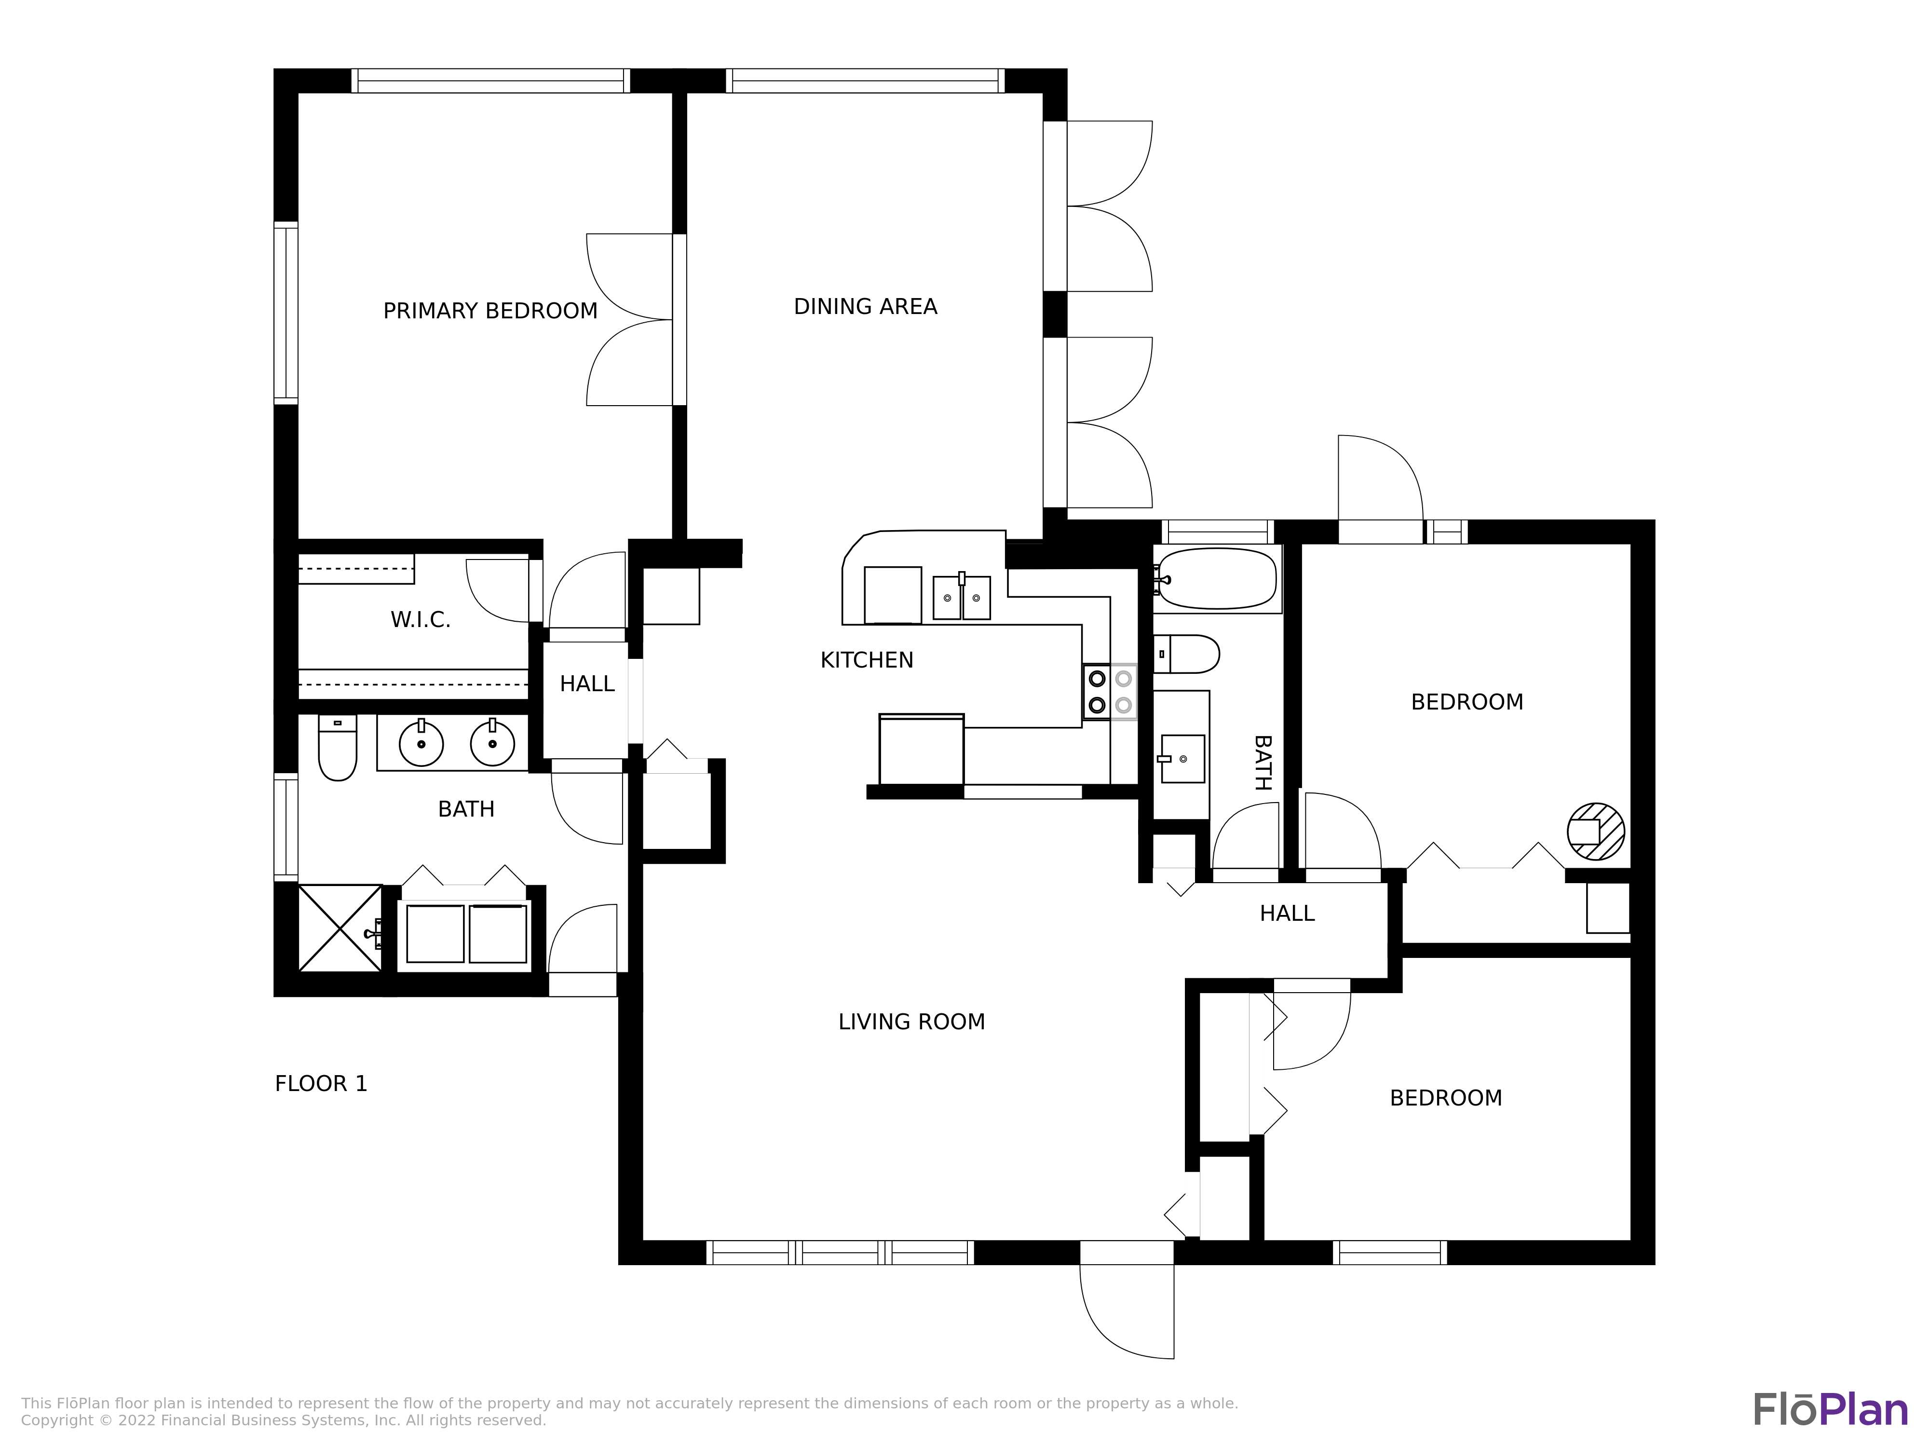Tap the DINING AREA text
tap(865, 306)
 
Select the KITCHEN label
tap(867, 660)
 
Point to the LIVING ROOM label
tap(911, 1022)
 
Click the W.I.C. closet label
tap(421, 620)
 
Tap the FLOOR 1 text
tap(321, 1083)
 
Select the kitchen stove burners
tap(1110, 692)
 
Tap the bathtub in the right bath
tap(1217, 578)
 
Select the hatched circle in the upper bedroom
tap(1596, 831)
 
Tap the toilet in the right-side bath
tap(1187, 654)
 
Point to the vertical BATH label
tap(1262, 762)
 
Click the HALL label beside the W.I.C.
tap(587, 684)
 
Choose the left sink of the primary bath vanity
tap(421, 743)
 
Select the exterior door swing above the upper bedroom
tap(1381, 478)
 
